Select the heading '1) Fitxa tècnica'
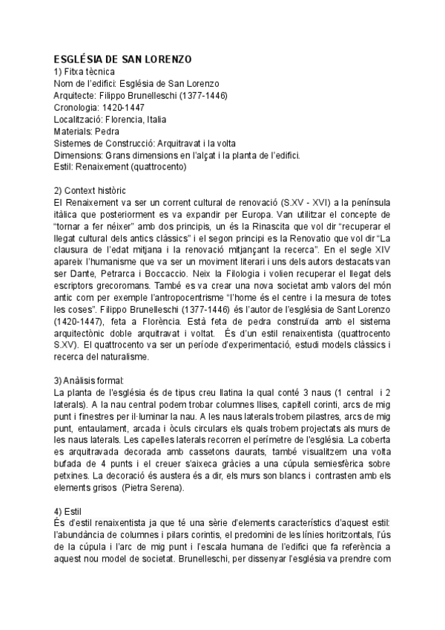coord(85,71)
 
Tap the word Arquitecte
coord(76,95)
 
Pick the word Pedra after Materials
coord(111,131)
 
